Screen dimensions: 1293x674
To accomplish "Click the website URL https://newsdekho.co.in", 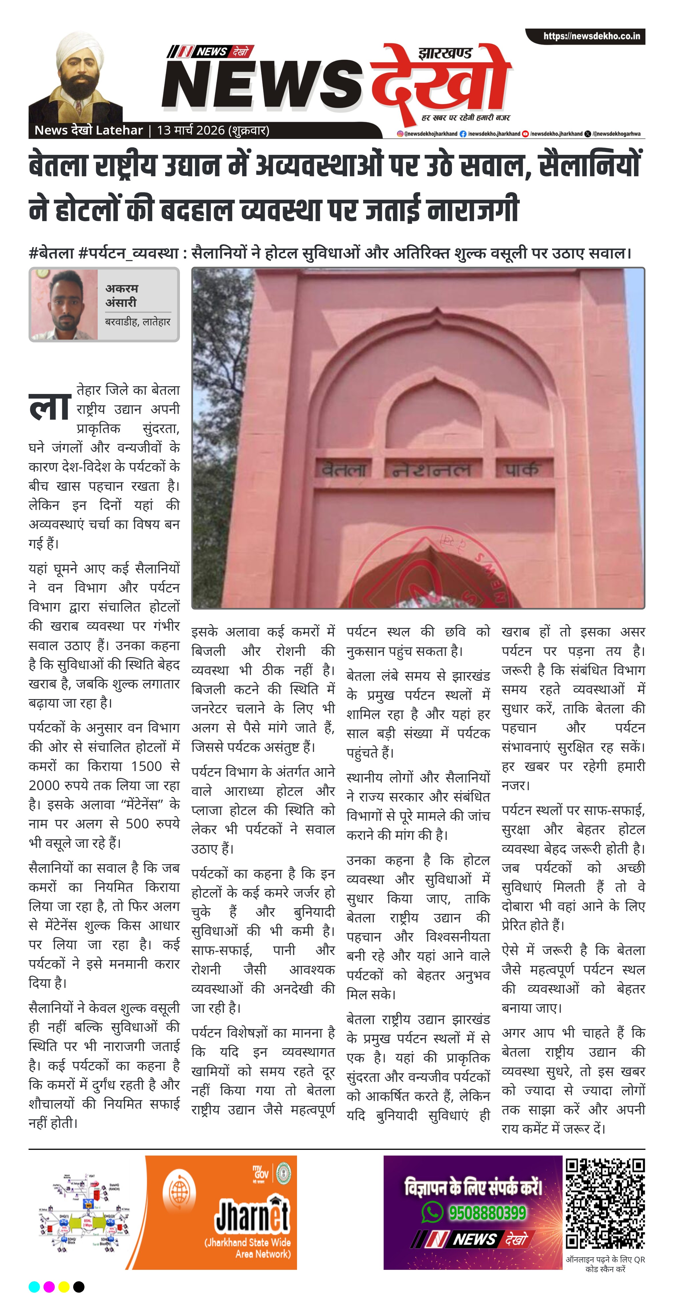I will (591, 36).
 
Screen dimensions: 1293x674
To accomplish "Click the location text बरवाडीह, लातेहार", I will (137, 322).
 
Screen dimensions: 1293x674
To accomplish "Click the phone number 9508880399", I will (487, 1213).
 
